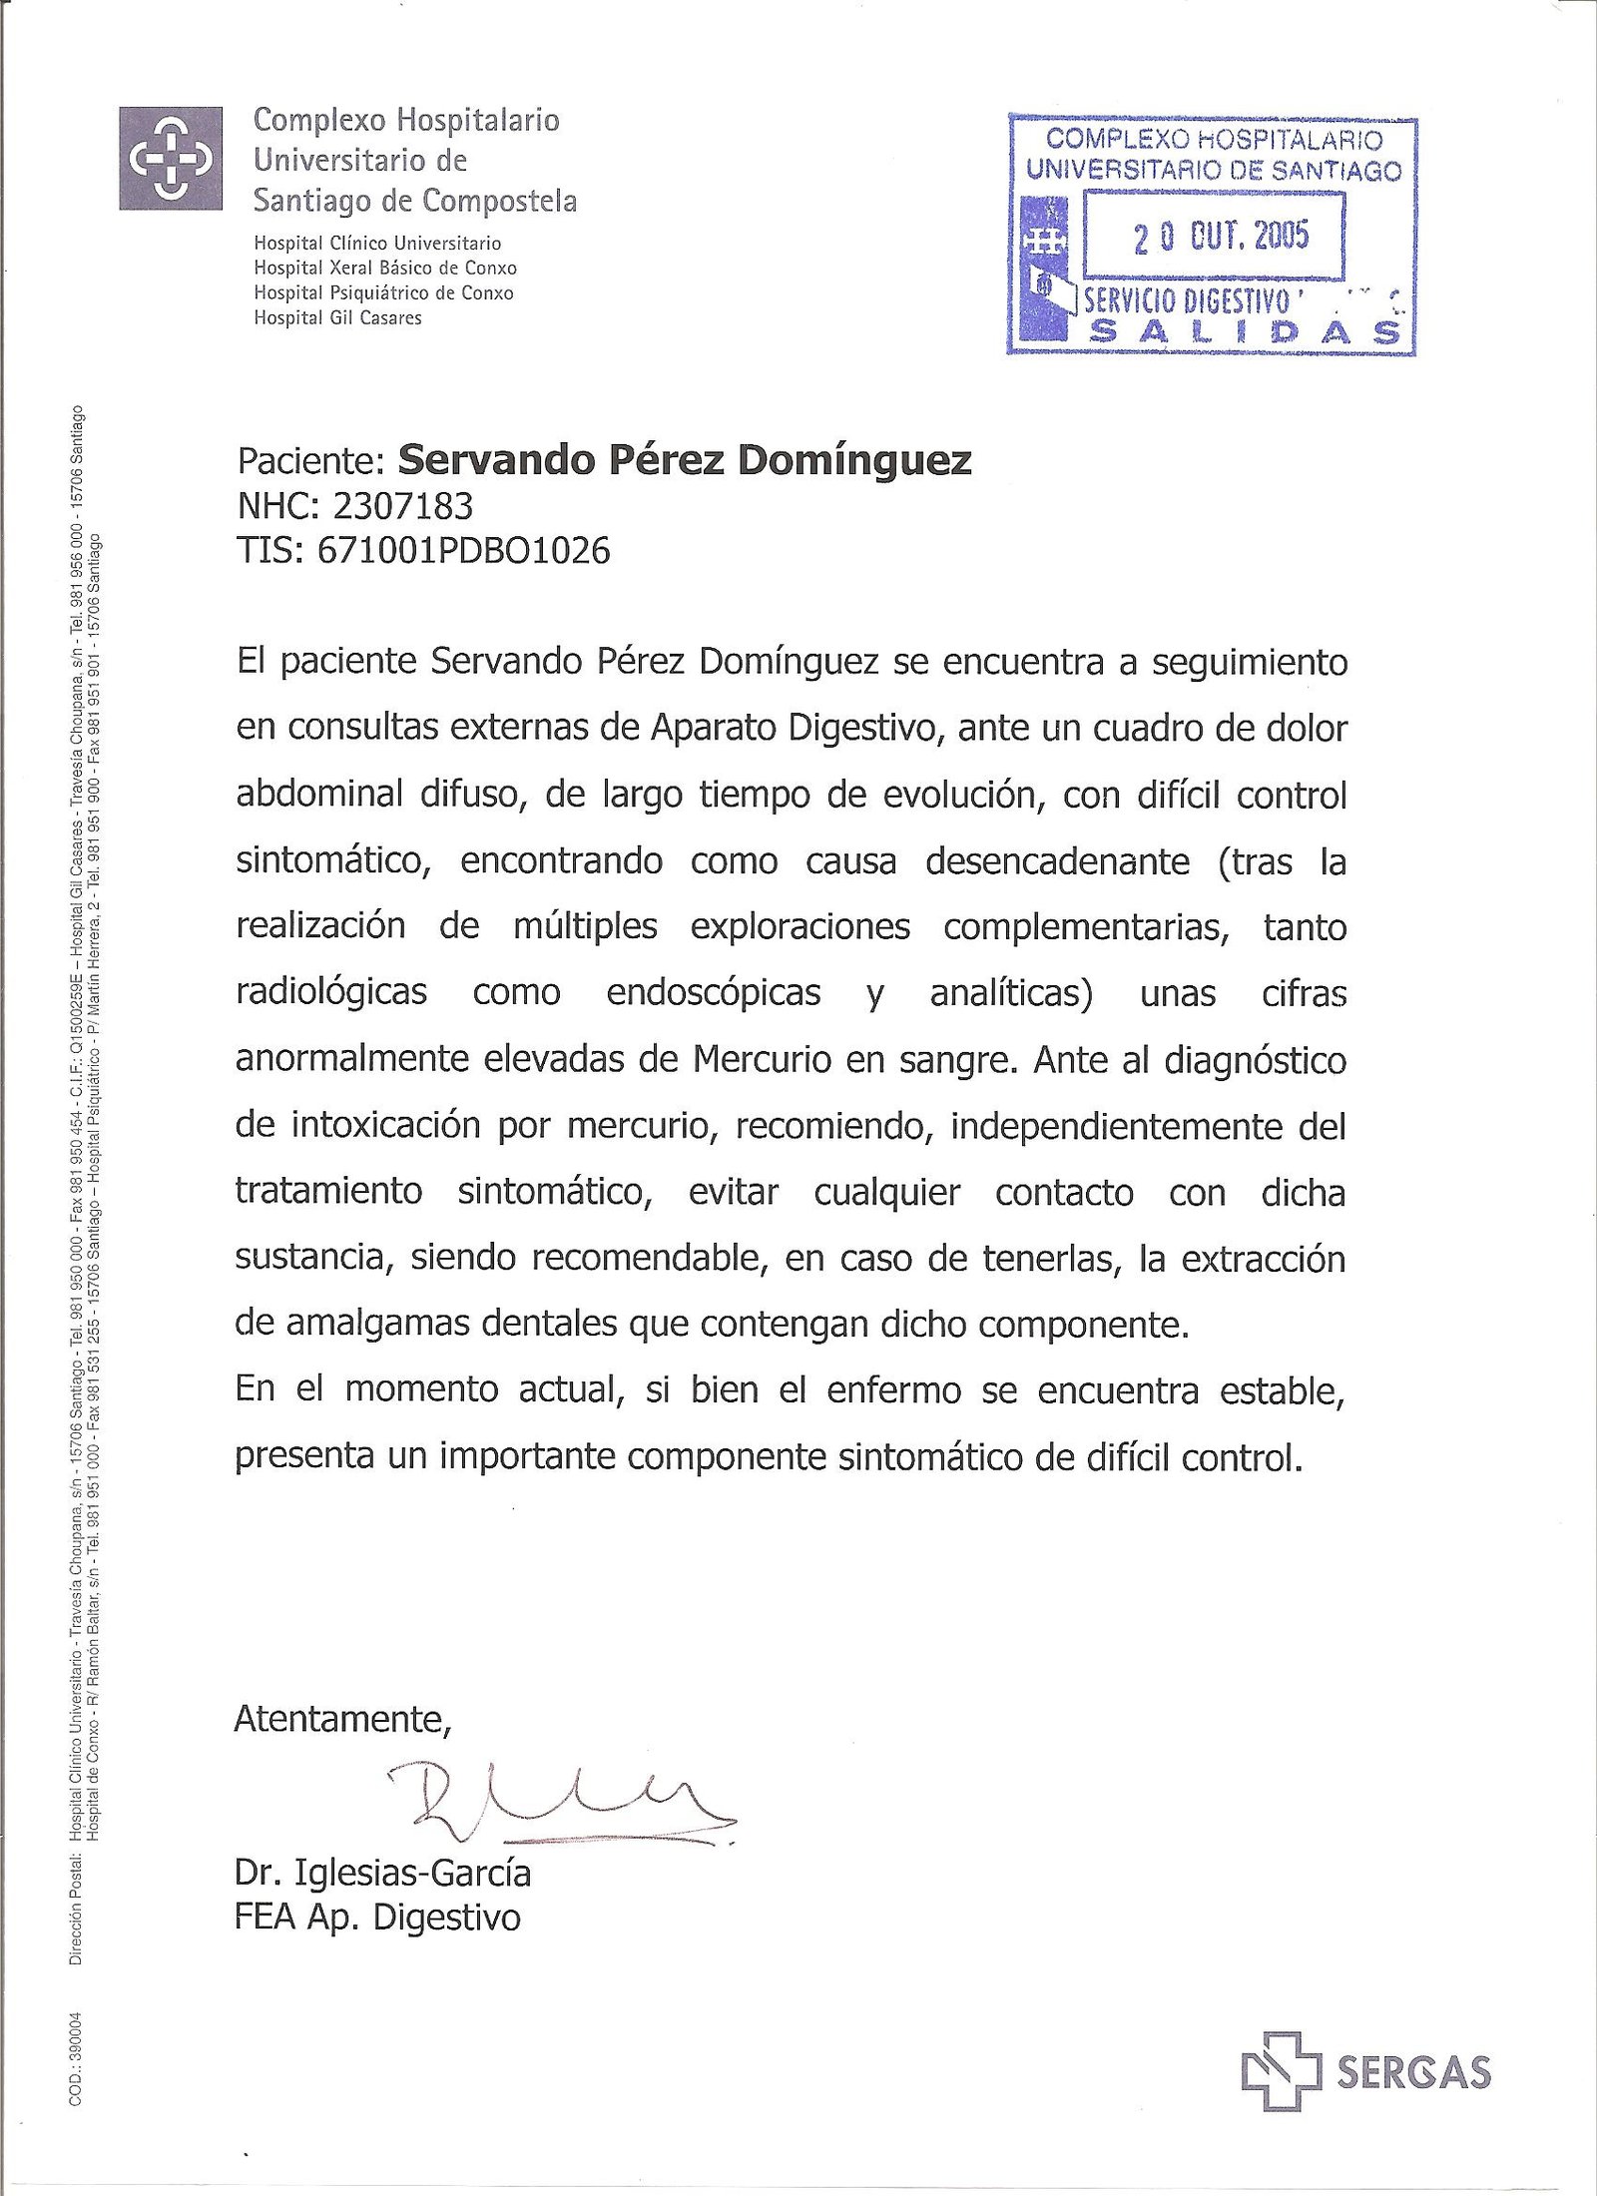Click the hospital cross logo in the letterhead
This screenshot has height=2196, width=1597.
click(x=170, y=158)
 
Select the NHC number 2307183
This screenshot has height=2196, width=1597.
click(x=402, y=506)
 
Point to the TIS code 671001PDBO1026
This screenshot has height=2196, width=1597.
click(x=462, y=550)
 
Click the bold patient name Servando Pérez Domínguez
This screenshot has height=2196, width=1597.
click(x=685, y=460)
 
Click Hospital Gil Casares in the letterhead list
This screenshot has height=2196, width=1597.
click(x=337, y=318)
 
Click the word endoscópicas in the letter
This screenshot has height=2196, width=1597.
click(x=714, y=992)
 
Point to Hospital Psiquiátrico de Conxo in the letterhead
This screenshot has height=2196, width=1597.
click(x=383, y=293)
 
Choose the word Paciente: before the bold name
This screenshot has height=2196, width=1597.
click(x=310, y=461)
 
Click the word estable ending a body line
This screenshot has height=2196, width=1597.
click(x=1283, y=1390)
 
